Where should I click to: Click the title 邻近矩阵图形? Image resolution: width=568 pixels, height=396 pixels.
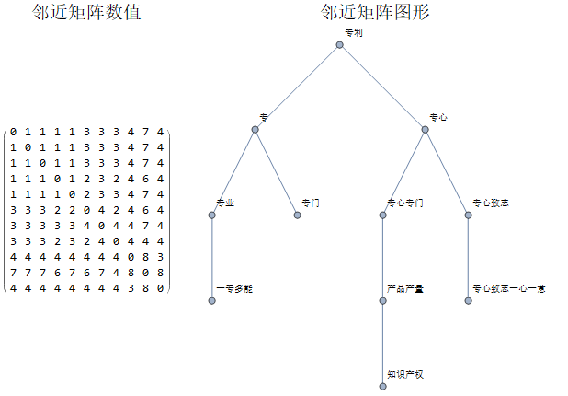tap(376, 13)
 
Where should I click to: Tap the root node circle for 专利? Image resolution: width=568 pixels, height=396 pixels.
tap(340, 44)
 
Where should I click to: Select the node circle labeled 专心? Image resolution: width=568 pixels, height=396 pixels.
tap(425, 130)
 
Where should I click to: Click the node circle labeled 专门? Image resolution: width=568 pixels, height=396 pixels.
tap(298, 215)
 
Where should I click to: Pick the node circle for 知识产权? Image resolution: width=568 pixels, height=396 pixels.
tap(382, 387)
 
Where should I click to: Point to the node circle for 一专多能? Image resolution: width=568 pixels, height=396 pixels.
tap(212, 301)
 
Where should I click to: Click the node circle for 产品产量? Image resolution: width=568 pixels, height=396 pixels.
tap(382, 301)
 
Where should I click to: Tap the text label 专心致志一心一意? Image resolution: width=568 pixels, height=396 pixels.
tap(509, 288)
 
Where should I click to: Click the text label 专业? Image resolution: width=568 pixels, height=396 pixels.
tap(225, 203)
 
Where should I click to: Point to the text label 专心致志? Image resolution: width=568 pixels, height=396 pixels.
tap(491, 203)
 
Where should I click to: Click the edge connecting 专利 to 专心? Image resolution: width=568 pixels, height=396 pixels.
tap(382, 87)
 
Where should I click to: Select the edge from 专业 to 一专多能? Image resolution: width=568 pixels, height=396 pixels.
tap(212, 258)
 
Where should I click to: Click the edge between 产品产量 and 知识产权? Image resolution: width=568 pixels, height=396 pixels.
tap(382, 344)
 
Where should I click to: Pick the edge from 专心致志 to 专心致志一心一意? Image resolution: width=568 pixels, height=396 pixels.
tap(468, 258)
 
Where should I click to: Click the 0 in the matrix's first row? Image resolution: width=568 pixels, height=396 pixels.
tap(14, 133)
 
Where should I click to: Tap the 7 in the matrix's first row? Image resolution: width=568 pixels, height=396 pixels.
tap(145, 133)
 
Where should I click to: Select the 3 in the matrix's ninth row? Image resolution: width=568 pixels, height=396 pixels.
tap(160, 257)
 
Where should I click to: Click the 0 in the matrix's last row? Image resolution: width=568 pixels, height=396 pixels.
tap(160, 288)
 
